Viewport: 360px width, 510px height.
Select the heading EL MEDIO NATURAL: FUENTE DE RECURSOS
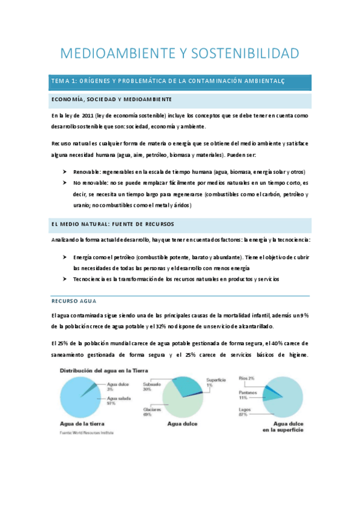point(112,224)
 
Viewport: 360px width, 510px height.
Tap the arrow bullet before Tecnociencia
point(64,279)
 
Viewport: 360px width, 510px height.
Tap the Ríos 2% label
point(246,378)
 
